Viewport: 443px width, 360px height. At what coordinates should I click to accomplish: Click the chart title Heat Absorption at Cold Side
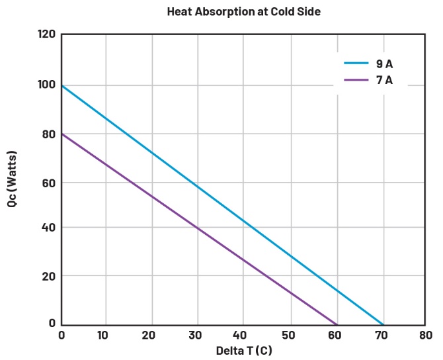tap(243, 12)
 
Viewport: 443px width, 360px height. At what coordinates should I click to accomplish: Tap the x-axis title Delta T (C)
tap(243, 351)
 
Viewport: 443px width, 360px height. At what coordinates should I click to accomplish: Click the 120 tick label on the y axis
tap(46, 34)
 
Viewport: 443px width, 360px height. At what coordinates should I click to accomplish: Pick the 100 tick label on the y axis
tap(46, 85)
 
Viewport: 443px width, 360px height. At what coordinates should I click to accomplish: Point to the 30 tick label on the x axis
tap(196, 336)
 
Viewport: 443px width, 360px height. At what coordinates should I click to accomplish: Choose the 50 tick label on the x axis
tap(288, 336)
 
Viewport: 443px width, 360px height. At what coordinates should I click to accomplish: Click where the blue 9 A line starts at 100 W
tap(61, 85)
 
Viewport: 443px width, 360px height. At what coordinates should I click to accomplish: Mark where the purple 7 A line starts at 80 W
tap(61, 134)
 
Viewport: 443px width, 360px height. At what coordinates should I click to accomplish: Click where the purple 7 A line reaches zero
tap(337, 324)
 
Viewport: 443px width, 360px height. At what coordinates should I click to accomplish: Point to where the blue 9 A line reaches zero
tap(382, 324)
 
